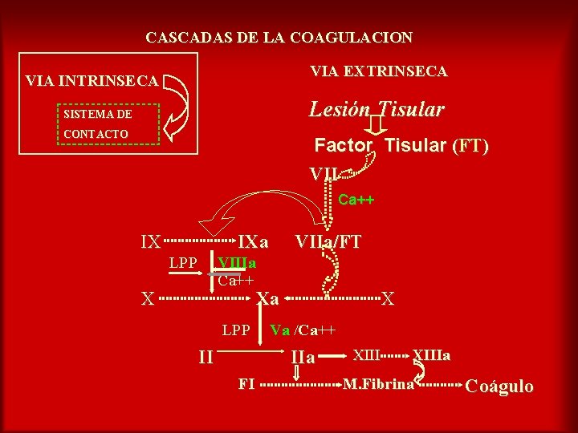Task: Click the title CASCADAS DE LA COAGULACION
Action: click(279, 38)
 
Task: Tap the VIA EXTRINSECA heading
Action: click(379, 72)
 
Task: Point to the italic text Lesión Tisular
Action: click(377, 109)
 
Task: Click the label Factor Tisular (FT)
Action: click(401, 146)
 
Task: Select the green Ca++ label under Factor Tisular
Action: click(356, 200)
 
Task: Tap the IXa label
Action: click(253, 241)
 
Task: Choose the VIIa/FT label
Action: click(328, 241)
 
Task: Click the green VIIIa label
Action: click(237, 264)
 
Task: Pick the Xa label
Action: click(267, 299)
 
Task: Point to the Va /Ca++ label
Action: click(303, 330)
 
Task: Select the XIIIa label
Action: click(431, 354)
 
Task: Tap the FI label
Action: click(246, 383)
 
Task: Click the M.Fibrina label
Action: click(379, 384)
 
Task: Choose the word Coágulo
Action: click(499, 386)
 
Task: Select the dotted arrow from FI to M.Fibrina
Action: click(300, 384)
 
